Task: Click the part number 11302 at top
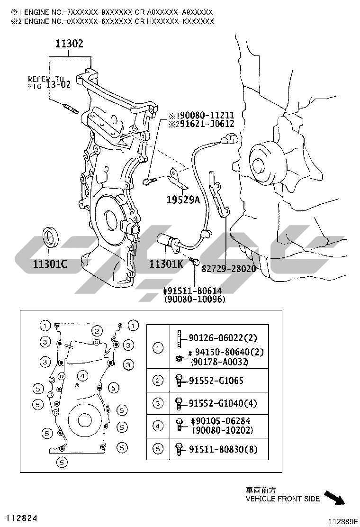click(x=69, y=43)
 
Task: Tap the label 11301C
click(x=50, y=264)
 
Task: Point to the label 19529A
click(x=183, y=200)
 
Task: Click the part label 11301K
click(x=166, y=264)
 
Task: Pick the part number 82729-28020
click(x=229, y=269)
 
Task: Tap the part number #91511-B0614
click(x=192, y=291)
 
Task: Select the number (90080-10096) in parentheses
click(x=194, y=299)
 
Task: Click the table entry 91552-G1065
click(x=216, y=381)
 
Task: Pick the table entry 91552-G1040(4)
click(x=223, y=403)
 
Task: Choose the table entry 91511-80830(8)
click(x=223, y=449)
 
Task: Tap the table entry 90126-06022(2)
click(x=223, y=338)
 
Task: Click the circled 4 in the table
click(x=158, y=426)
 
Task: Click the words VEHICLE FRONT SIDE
click(x=283, y=499)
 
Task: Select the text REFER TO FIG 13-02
click(x=49, y=82)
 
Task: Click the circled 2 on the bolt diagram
click(x=97, y=331)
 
